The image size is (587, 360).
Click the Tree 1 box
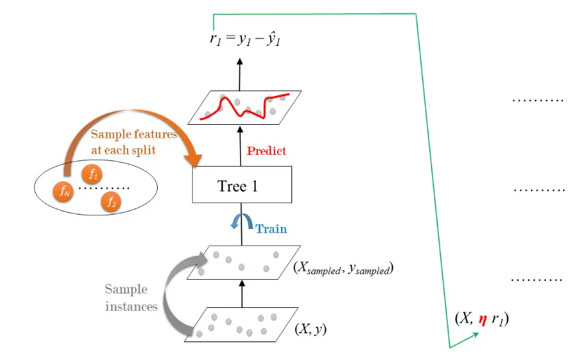pyautogui.click(x=237, y=186)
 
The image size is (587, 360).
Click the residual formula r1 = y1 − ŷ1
pyautogui.click(x=245, y=39)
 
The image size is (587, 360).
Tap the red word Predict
pyautogui.click(x=266, y=150)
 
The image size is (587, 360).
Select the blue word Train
pyautogui.click(x=271, y=229)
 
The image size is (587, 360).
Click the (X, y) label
pyautogui.click(x=310, y=328)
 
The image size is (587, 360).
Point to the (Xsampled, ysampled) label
pyautogui.click(x=341, y=269)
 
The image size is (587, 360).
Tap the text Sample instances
pyautogui.click(x=131, y=298)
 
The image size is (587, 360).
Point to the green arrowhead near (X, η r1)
pyautogui.click(x=474, y=334)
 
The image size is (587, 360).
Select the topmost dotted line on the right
pyautogui.click(x=538, y=100)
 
